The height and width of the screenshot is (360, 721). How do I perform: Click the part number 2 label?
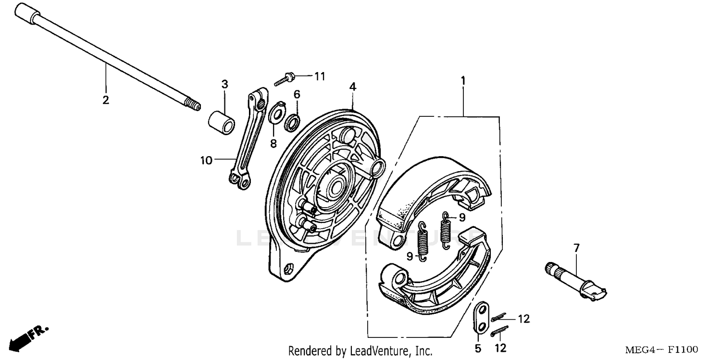[105, 100]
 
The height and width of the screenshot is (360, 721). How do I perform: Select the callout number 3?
[224, 84]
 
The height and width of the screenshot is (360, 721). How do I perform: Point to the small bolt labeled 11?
[284, 79]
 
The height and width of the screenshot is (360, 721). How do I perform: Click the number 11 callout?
[320, 76]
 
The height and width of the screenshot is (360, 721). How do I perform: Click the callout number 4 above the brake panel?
[353, 87]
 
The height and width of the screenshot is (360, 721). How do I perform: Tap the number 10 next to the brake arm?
[206, 161]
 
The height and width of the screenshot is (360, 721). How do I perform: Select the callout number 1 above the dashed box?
[463, 81]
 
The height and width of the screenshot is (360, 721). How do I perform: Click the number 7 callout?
[576, 248]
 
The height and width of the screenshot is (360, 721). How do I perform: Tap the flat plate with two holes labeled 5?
[479, 317]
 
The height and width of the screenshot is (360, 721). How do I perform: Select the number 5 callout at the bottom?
[478, 348]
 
